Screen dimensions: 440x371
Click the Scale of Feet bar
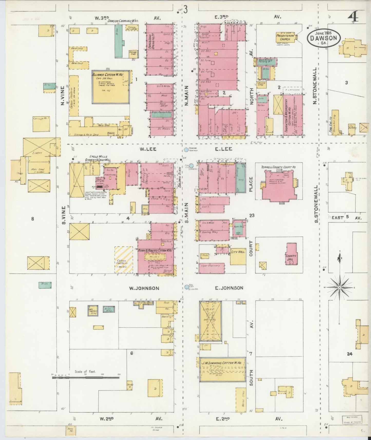(x=86, y=378)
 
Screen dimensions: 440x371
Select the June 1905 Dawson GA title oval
(x=324, y=38)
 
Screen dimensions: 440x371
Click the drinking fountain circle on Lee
(x=186, y=149)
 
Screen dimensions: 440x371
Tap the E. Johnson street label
(x=229, y=288)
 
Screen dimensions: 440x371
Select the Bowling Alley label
(x=210, y=232)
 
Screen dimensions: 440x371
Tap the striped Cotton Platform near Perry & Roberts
(x=124, y=260)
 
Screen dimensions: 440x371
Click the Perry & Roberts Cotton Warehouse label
(x=155, y=250)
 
